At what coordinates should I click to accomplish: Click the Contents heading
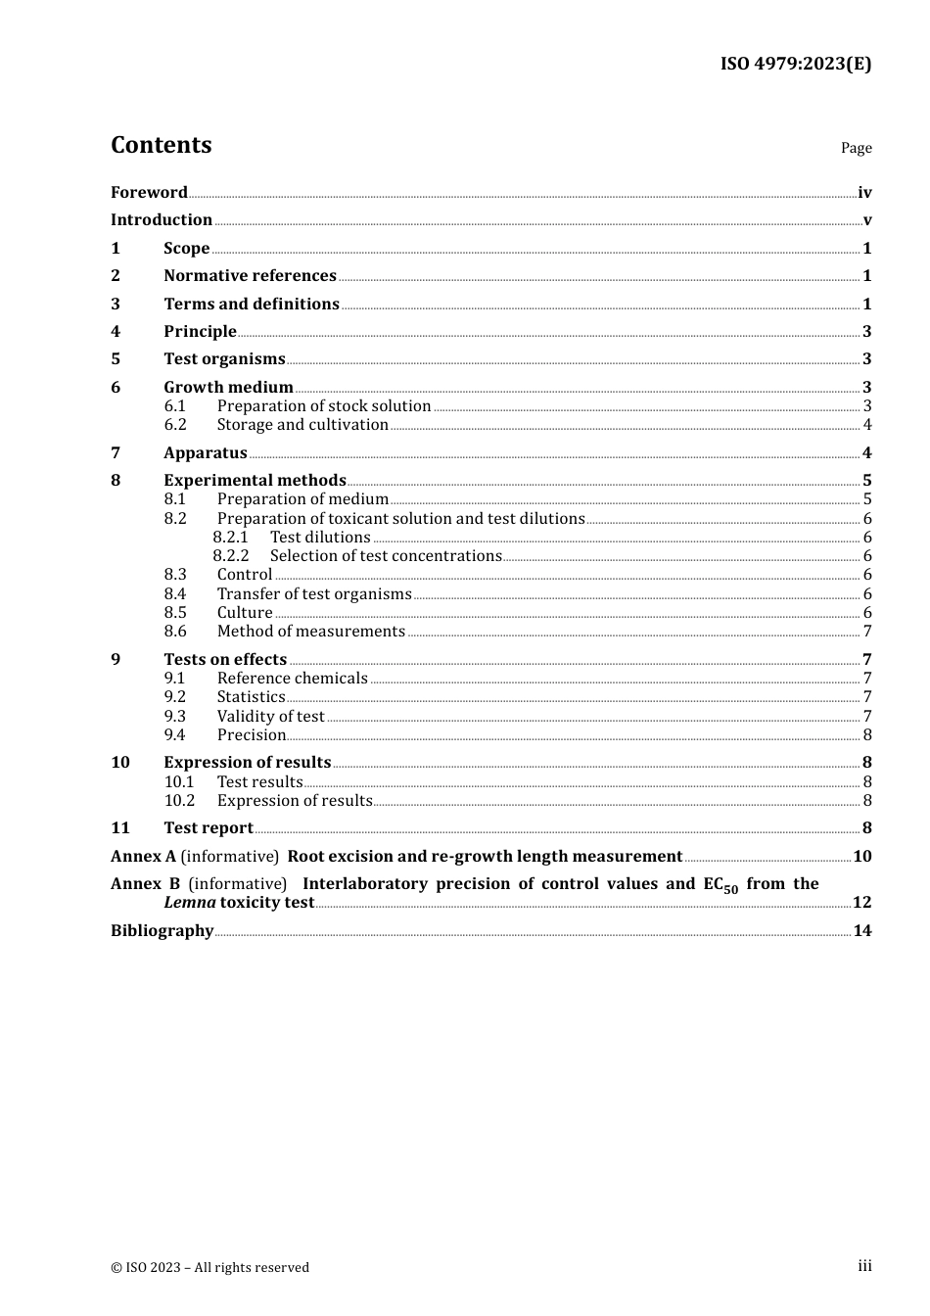[x=161, y=145]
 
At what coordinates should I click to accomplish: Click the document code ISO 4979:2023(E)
[x=796, y=64]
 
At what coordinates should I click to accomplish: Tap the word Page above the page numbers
[x=856, y=148]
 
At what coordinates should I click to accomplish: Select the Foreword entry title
[x=149, y=192]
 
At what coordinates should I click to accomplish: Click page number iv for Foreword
[x=864, y=192]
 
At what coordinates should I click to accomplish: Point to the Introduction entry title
[x=162, y=219]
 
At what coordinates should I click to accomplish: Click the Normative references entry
[x=250, y=275]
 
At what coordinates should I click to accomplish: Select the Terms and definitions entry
[x=252, y=304]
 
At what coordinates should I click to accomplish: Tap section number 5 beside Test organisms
[x=116, y=358]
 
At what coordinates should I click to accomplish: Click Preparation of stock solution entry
[x=324, y=405]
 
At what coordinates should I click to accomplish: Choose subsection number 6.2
[x=175, y=424]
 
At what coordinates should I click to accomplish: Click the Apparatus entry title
[x=206, y=452]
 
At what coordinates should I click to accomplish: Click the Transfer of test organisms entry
[x=314, y=593]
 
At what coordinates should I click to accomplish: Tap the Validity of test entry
[x=270, y=716]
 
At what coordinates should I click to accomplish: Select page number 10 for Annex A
[x=862, y=856]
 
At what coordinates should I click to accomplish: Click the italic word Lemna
[x=189, y=902]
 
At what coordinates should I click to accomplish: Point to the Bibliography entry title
[x=162, y=930]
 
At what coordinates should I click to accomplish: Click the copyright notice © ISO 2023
[x=209, y=1267]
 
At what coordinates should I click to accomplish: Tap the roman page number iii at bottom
[x=864, y=1266]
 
